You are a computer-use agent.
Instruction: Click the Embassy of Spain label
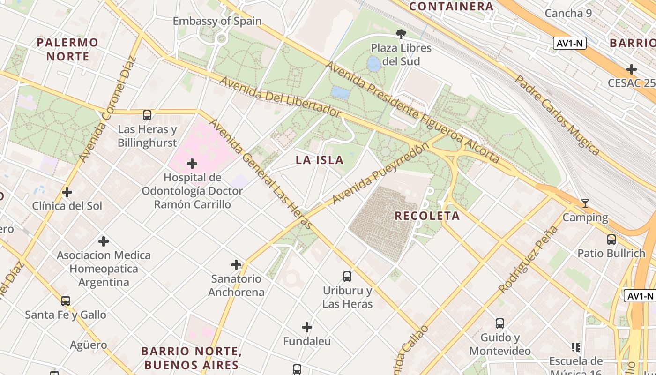(217, 21)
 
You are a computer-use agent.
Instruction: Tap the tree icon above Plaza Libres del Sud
(401, 34)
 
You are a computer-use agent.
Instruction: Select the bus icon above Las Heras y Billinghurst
(147, 115)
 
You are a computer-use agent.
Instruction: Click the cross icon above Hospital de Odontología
(192, 164)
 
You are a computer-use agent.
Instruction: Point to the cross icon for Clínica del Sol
(67, 192)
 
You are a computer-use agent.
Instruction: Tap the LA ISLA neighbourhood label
(320, 160)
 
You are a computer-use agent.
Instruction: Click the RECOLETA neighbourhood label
(427, 216)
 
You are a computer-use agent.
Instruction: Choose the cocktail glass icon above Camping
(585, 203)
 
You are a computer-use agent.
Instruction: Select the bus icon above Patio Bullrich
(611, 240)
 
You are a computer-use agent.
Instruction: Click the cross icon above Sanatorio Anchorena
(236, 265)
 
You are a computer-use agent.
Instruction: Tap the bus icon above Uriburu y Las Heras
(347, 277)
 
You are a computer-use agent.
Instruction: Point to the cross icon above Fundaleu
(307, 327)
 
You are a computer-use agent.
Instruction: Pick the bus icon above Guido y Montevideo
(500, 323)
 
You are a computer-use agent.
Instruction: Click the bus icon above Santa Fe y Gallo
(66, 300)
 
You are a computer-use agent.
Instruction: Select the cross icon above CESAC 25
(632, 69)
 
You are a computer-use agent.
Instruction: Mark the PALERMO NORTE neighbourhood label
(68, 49)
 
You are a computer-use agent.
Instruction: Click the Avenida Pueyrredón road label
(380, 174)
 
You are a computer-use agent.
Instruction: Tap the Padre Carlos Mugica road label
(557, 115)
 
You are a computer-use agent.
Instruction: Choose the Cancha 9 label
(568, 13)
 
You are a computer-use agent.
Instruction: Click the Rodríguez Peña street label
(529, 259)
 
